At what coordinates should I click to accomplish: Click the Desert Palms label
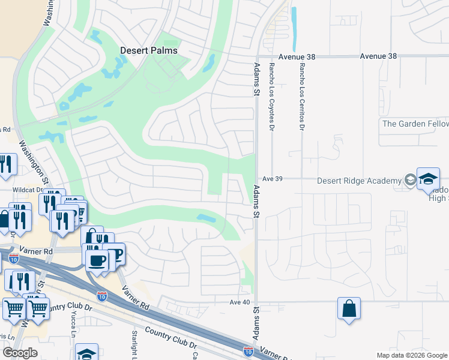(148, 50)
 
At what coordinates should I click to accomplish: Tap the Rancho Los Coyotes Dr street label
(271, 97)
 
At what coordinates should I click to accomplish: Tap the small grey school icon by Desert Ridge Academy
(410, 179)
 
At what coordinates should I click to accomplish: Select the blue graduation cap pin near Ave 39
(429, 179)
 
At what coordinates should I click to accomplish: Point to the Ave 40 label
(239, 302)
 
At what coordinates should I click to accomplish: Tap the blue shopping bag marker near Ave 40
(349, 308)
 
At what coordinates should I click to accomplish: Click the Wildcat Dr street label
(28, 190)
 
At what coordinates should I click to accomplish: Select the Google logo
(20, 353)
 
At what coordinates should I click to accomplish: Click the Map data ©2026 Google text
(411, 355)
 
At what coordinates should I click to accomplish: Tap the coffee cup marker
(97, 260)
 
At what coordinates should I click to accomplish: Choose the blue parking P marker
(114, 253)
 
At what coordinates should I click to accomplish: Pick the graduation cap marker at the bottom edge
(86, 353)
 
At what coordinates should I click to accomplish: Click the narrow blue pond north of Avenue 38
(294, 28)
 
